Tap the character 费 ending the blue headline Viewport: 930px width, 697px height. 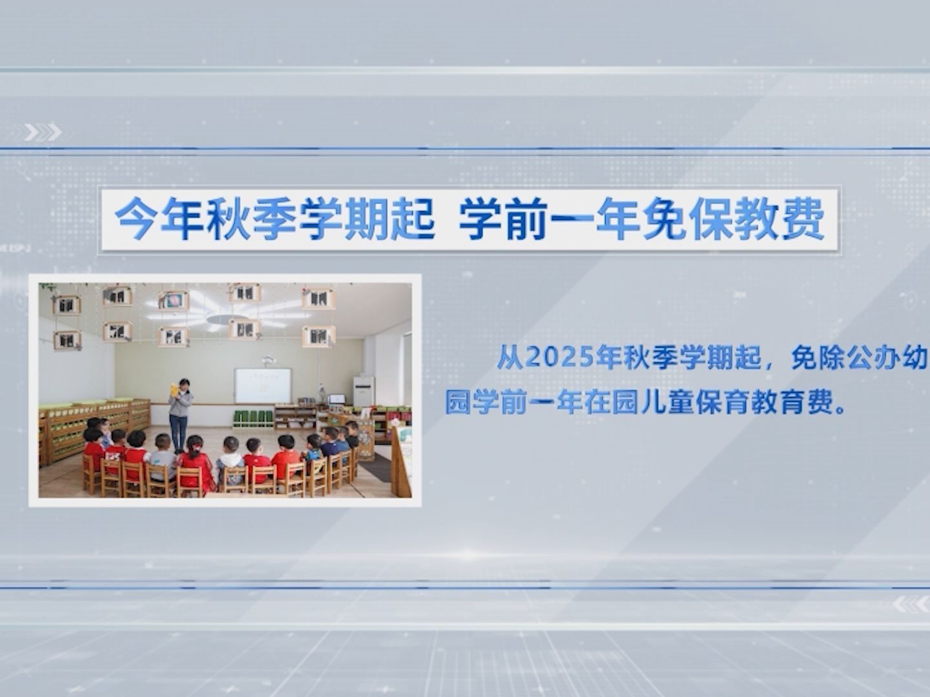[802, 219]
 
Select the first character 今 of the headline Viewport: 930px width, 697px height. [136, 219]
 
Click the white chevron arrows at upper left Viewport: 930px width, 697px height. [43, 132]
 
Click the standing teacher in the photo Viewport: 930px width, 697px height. [180, 415]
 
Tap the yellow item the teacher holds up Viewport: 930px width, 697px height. [174, 390]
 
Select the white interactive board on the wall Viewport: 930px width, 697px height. [263, 385]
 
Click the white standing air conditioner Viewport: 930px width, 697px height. [363, 392]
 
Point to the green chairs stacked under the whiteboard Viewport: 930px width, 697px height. [253, 419]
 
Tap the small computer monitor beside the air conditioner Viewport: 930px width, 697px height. [337, 399]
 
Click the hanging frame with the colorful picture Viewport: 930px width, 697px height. [174, 300]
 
